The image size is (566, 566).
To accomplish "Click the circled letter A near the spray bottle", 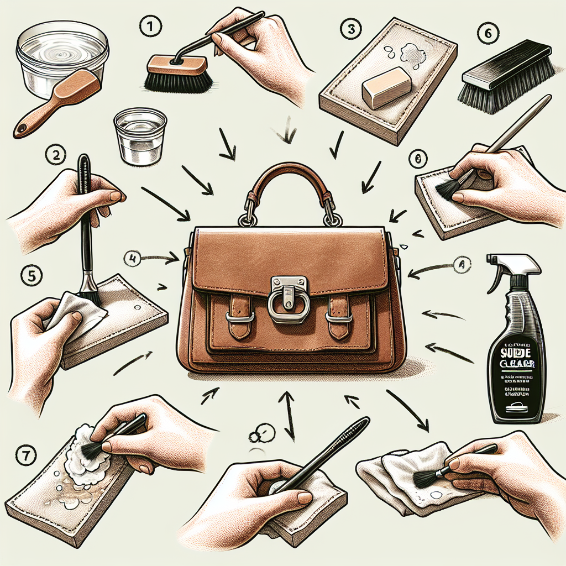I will (x=460, y=265).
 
